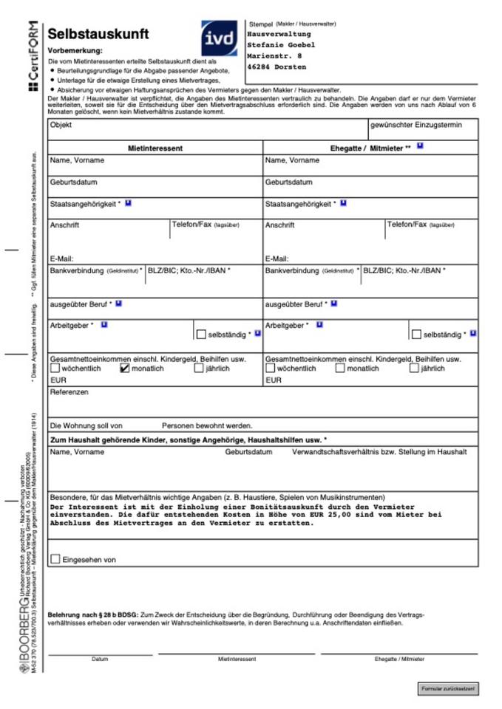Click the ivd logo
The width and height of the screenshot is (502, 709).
[220, 38]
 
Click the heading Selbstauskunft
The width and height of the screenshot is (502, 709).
[98, 34]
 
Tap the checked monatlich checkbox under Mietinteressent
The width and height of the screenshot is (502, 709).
[124, 368]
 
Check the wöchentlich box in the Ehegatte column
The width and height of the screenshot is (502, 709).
[271, 368]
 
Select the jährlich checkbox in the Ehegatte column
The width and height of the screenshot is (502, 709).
[414, 368]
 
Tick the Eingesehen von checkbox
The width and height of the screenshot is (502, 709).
[55, 559]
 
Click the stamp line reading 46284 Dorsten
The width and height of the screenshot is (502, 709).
[277, 67]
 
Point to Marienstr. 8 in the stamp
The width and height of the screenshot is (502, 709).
[274, 56]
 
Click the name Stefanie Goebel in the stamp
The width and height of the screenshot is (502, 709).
[281, 45]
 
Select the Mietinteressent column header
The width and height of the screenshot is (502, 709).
[155, 148]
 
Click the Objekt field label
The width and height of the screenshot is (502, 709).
[61, 125]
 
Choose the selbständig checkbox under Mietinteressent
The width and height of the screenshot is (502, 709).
[201, 334]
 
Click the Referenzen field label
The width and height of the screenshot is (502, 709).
[69, 392]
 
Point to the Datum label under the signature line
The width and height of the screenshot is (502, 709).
[100, 659]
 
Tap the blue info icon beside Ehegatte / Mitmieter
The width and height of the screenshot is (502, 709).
[420, 146]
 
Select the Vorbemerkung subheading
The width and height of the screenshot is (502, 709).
[75, 50]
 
